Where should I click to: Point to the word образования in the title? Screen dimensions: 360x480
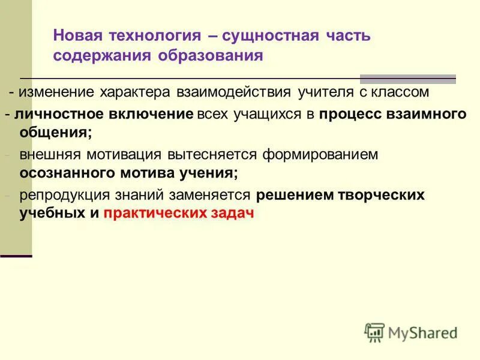(211, 55)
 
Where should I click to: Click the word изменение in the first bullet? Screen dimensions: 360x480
(55, 92)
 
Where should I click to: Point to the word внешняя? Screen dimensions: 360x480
(49, 154)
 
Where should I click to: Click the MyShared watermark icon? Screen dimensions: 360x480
(374, 332)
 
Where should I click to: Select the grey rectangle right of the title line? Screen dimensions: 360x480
(407, 79)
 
